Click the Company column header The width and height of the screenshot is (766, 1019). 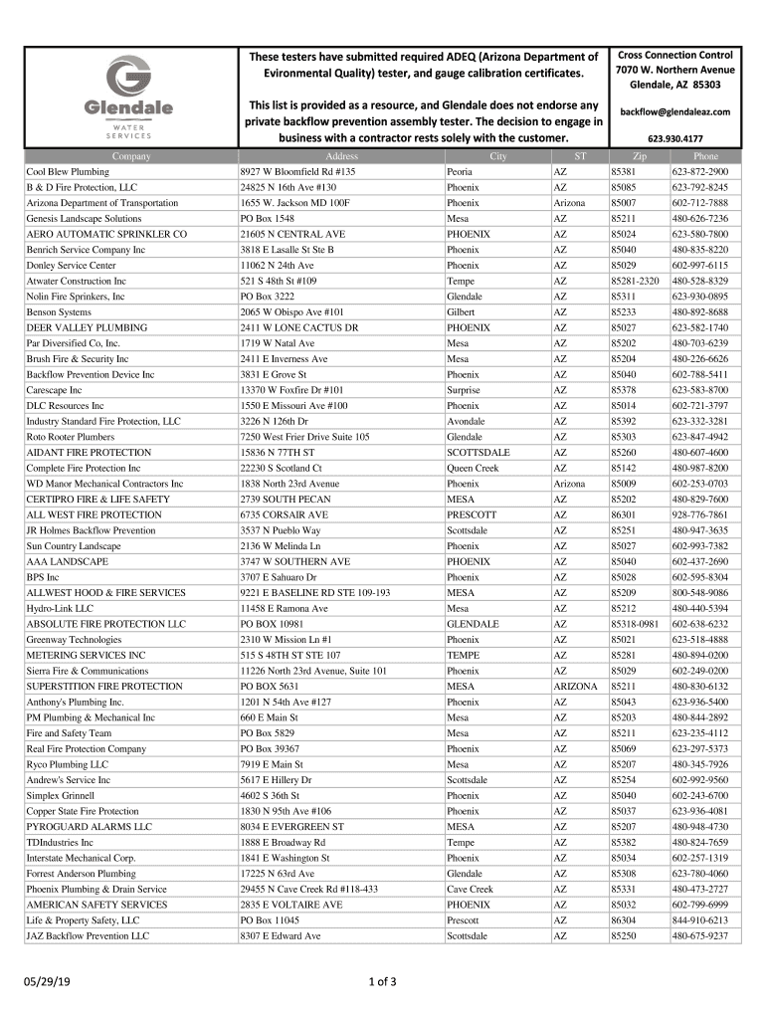131,157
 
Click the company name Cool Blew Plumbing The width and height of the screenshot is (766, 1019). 67,172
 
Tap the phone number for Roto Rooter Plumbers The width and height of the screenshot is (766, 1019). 699,437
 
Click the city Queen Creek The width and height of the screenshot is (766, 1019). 473,468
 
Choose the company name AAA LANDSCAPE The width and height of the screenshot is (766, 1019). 67,561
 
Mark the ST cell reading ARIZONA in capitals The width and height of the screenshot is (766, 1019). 575,687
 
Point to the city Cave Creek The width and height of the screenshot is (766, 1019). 470,889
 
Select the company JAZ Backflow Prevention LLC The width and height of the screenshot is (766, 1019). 88,935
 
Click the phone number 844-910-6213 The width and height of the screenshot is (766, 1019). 699,920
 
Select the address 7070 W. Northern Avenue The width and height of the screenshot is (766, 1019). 675,70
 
